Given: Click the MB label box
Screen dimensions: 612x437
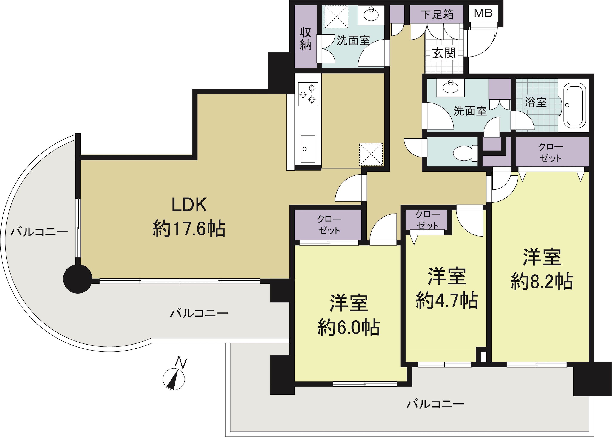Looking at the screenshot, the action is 483,13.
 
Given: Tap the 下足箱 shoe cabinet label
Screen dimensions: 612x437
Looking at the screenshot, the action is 437,15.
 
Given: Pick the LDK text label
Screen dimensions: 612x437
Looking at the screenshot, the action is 189,205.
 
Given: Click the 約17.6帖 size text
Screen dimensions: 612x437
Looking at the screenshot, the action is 189,229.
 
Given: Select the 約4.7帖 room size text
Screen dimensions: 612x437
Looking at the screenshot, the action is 447,300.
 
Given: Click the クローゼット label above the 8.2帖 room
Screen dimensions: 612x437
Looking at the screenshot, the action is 550,152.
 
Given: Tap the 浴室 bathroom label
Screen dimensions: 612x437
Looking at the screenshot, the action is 536,102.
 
